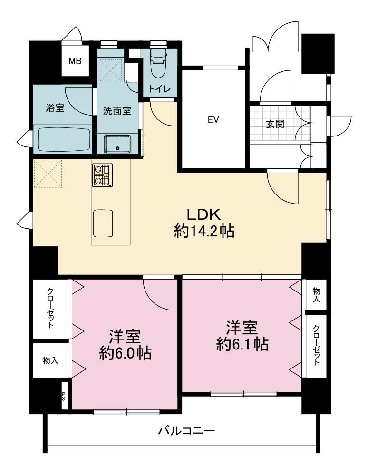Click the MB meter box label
tap(75, 61)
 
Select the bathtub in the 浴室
tap(64, 140)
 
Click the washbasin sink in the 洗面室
tap(117, 144)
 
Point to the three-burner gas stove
tap(102, 175)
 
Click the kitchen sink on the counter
tap(103, 223)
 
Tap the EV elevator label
tap(213, 120)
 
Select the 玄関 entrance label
tap(275, 124)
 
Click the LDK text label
tap(203, 215)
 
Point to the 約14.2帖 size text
tap(204, 232)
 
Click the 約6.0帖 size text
tap(126, 353)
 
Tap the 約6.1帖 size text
tap(242, 344)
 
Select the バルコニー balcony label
tap(186, 430)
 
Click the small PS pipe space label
tap(64, 396)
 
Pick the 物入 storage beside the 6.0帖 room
tap(50, 360)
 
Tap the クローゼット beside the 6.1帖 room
tap(316, 346)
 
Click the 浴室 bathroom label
tap(55, 108)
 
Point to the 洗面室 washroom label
tap(117, 111)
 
